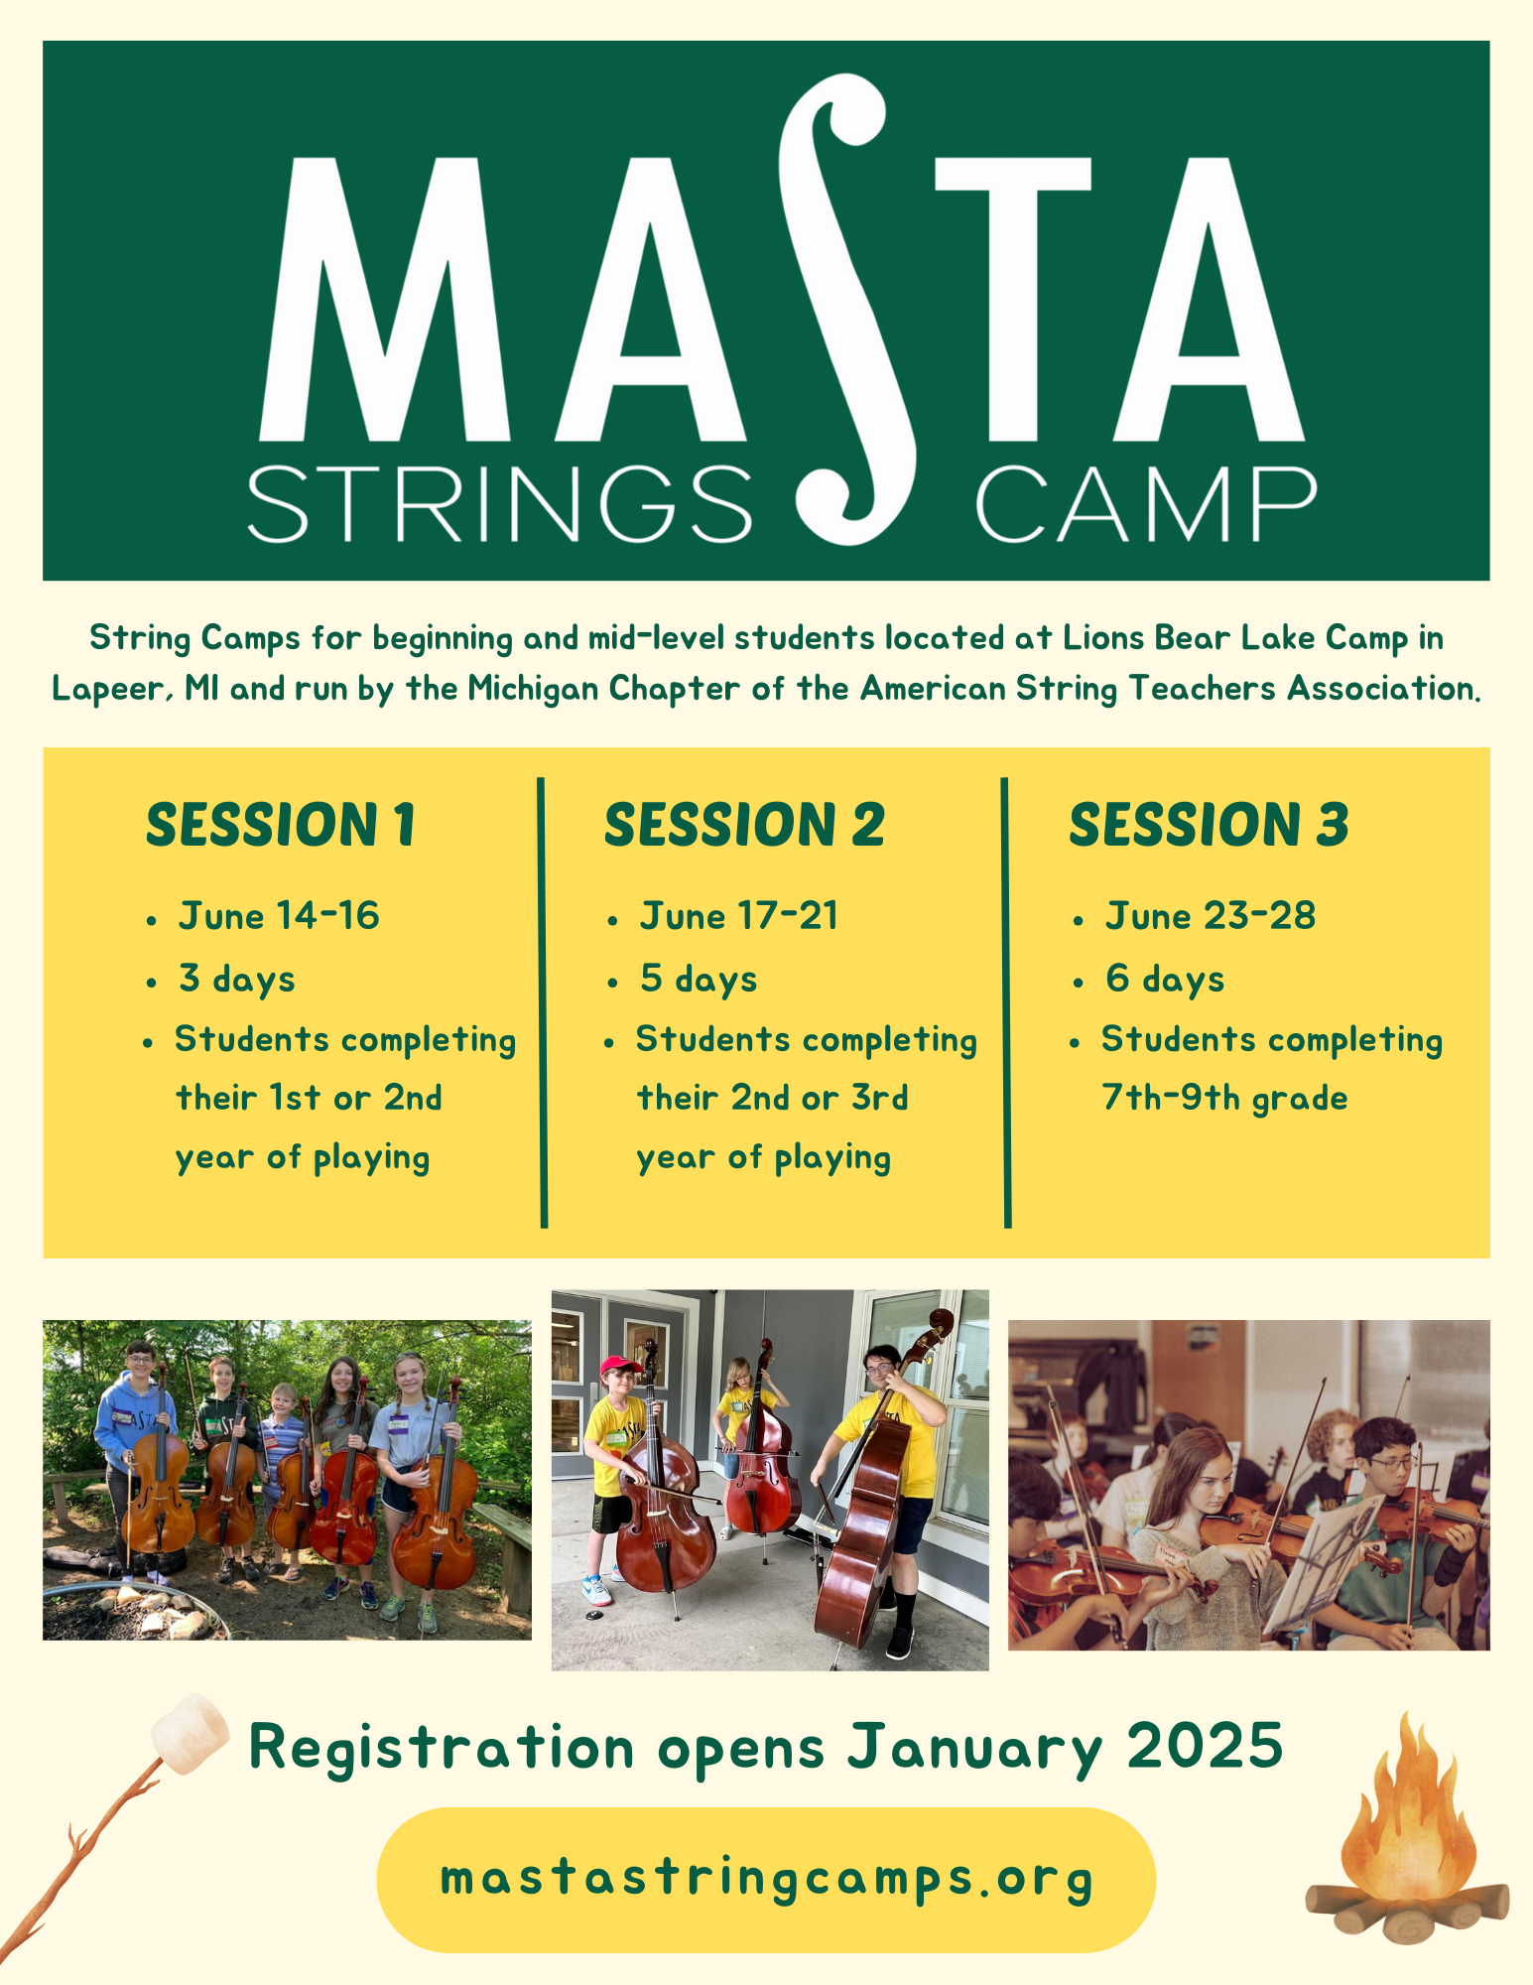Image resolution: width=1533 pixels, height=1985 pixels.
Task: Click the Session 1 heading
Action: point(281,826)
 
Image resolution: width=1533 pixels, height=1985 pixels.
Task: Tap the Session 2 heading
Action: point(744,826)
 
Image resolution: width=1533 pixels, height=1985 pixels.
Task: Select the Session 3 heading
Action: point(1209,826)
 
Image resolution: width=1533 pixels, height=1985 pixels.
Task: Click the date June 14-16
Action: point(279,916)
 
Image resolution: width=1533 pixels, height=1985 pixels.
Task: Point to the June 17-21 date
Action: point(739,916)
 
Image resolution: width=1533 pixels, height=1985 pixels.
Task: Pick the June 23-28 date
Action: point(1211,916)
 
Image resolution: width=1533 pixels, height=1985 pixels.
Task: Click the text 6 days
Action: point(1165,980)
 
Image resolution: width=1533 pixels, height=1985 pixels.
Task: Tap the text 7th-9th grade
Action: point(1224,1099)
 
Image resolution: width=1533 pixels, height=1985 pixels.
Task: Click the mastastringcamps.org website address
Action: point(766,1879)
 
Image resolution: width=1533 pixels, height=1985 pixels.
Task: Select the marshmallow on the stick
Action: point(192,1735)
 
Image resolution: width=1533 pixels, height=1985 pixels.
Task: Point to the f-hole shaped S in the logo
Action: point(841,308)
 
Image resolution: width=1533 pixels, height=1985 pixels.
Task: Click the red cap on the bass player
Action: point(621,1367)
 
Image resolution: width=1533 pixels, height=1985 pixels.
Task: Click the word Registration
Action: point(442,1749)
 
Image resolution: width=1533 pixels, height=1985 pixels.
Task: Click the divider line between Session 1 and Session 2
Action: point(543,1002)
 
